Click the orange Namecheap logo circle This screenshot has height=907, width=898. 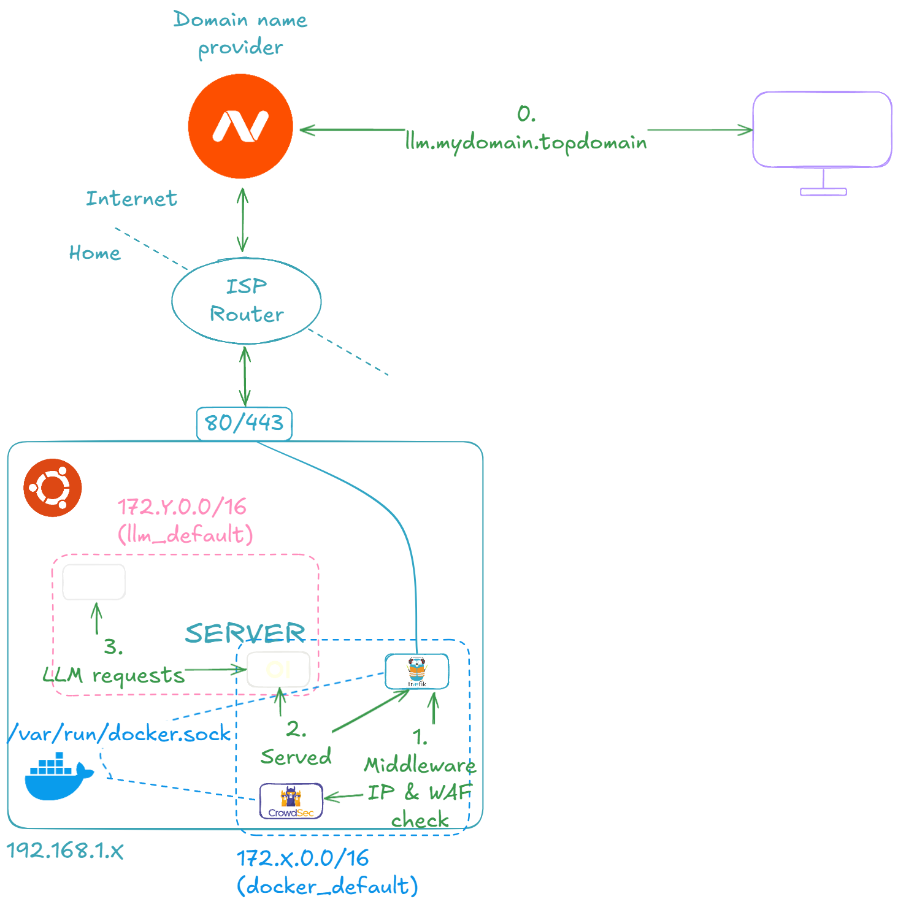pos(240,126)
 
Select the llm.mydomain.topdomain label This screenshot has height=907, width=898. pos(526,142)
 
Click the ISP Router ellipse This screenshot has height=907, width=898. pos(247,300)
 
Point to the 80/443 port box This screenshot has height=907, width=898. pos(244,423)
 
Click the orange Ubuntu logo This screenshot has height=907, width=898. pos(53,488)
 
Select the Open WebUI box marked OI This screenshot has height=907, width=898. pos(278,669)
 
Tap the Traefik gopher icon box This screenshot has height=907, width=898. pos(417,672)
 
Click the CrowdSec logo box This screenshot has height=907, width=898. pos(291,801)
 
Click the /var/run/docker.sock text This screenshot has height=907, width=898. pos(120,733)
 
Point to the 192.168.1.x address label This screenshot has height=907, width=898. pos(65,851)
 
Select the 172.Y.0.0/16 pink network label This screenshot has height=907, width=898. pos(182,507)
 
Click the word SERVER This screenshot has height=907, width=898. pos(245,633)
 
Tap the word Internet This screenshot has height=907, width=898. pos(131,199)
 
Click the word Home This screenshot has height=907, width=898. pos(94,253)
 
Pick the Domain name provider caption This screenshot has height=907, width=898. pos(240,34)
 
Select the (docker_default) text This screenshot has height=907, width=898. pos(328,886)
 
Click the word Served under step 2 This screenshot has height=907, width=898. pos(296,757)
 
